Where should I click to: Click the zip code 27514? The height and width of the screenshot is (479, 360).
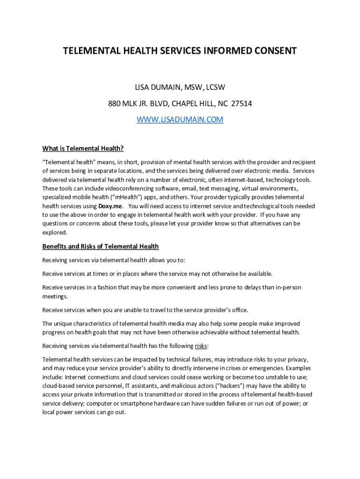pos(242,103)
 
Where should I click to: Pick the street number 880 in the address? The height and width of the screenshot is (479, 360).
pos(114,103)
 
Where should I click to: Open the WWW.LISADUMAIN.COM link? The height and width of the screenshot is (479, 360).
pos(180,120)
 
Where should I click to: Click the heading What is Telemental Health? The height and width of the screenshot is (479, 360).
pos(83,149)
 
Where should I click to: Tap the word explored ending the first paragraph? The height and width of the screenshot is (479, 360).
pos(55,232)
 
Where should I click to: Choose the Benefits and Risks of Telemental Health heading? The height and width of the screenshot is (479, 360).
pos(101,247)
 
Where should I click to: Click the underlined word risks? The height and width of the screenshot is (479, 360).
pos(201,346)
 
